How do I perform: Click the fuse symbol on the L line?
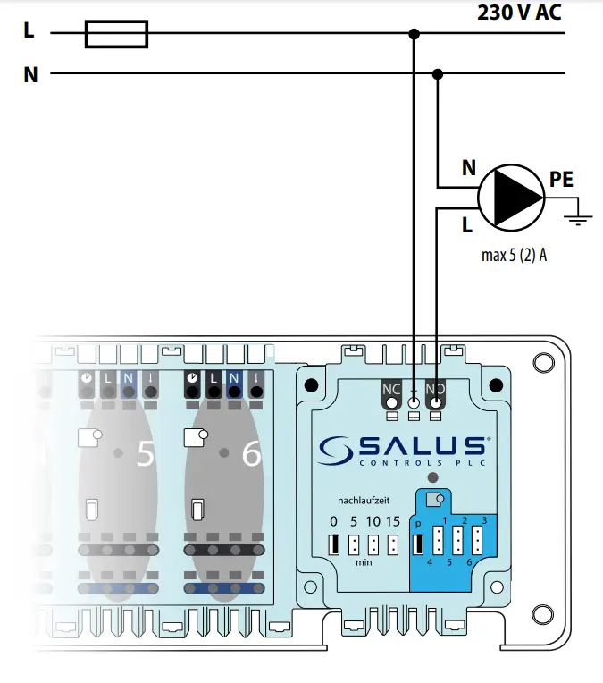point(116,34)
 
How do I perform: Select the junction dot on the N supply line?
point(438,73)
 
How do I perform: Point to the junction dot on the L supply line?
point(413,34)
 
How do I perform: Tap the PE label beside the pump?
point(561,181)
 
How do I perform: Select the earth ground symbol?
point(582,217)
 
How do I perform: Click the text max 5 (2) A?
point(514,256)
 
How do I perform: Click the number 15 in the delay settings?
point(393,521)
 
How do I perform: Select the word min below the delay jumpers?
point(364,563)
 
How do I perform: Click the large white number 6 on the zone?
point(252,455)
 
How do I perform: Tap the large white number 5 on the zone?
point(145,455)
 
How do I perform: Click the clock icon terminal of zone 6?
point(193,379)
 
